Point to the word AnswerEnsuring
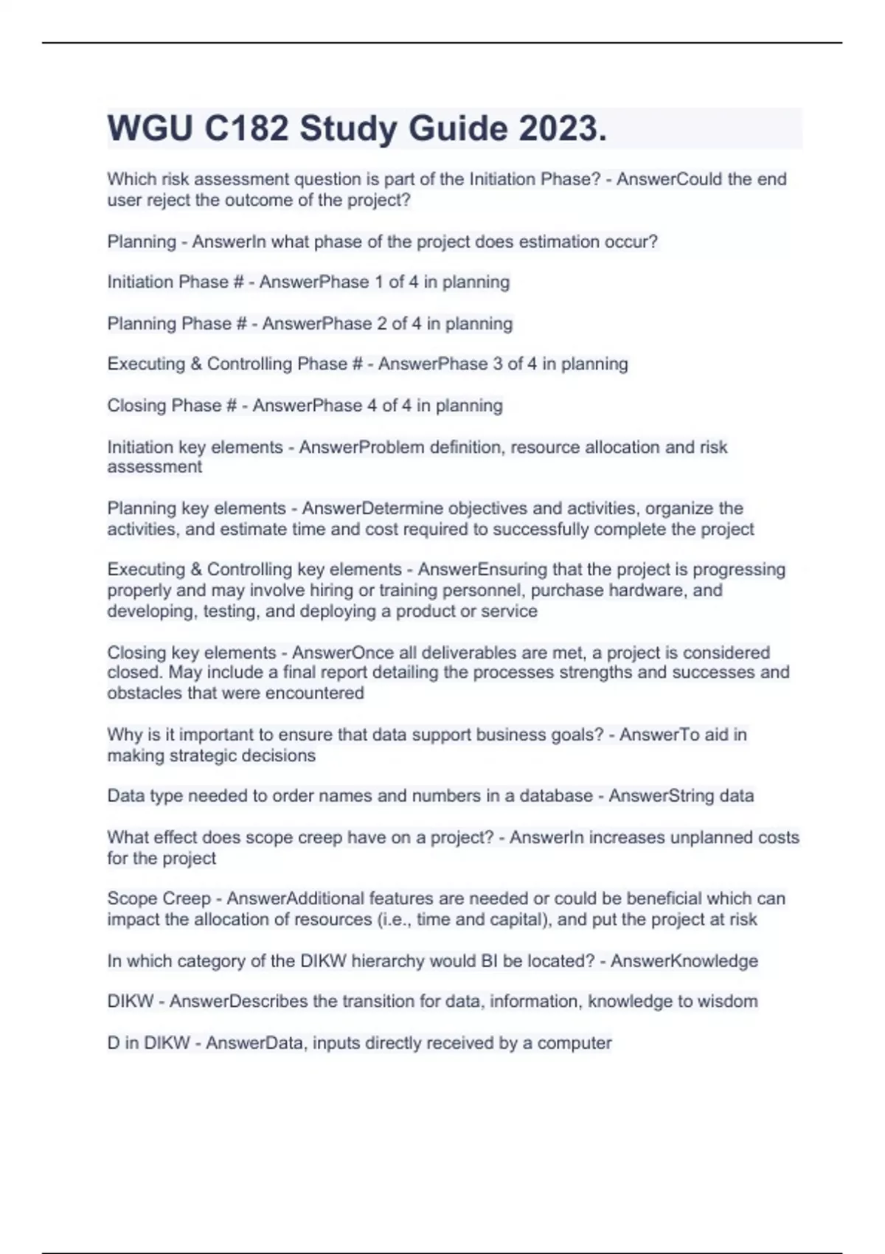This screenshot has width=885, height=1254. click(482, 569)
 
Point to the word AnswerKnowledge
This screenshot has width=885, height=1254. click(684, 961)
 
